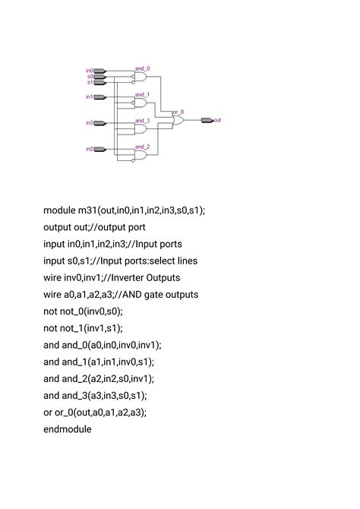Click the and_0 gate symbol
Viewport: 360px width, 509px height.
click(141, 76)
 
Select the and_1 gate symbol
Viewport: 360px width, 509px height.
click(141, 103)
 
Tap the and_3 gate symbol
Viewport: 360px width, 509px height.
click(141, 128)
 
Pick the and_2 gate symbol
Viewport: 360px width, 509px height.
click(141, 154)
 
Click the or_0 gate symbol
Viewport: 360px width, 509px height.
click(179, 119)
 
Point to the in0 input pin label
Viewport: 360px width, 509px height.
click(89, 71)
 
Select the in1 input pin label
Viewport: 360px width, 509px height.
click(89, 97)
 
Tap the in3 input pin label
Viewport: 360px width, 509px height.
click(89, 122)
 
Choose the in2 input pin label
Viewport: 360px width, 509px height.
click(89, 149)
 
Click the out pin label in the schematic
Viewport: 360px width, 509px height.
click(218, 120)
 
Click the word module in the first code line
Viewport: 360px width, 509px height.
click(59, 210)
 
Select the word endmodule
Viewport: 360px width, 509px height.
click(68, 429)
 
